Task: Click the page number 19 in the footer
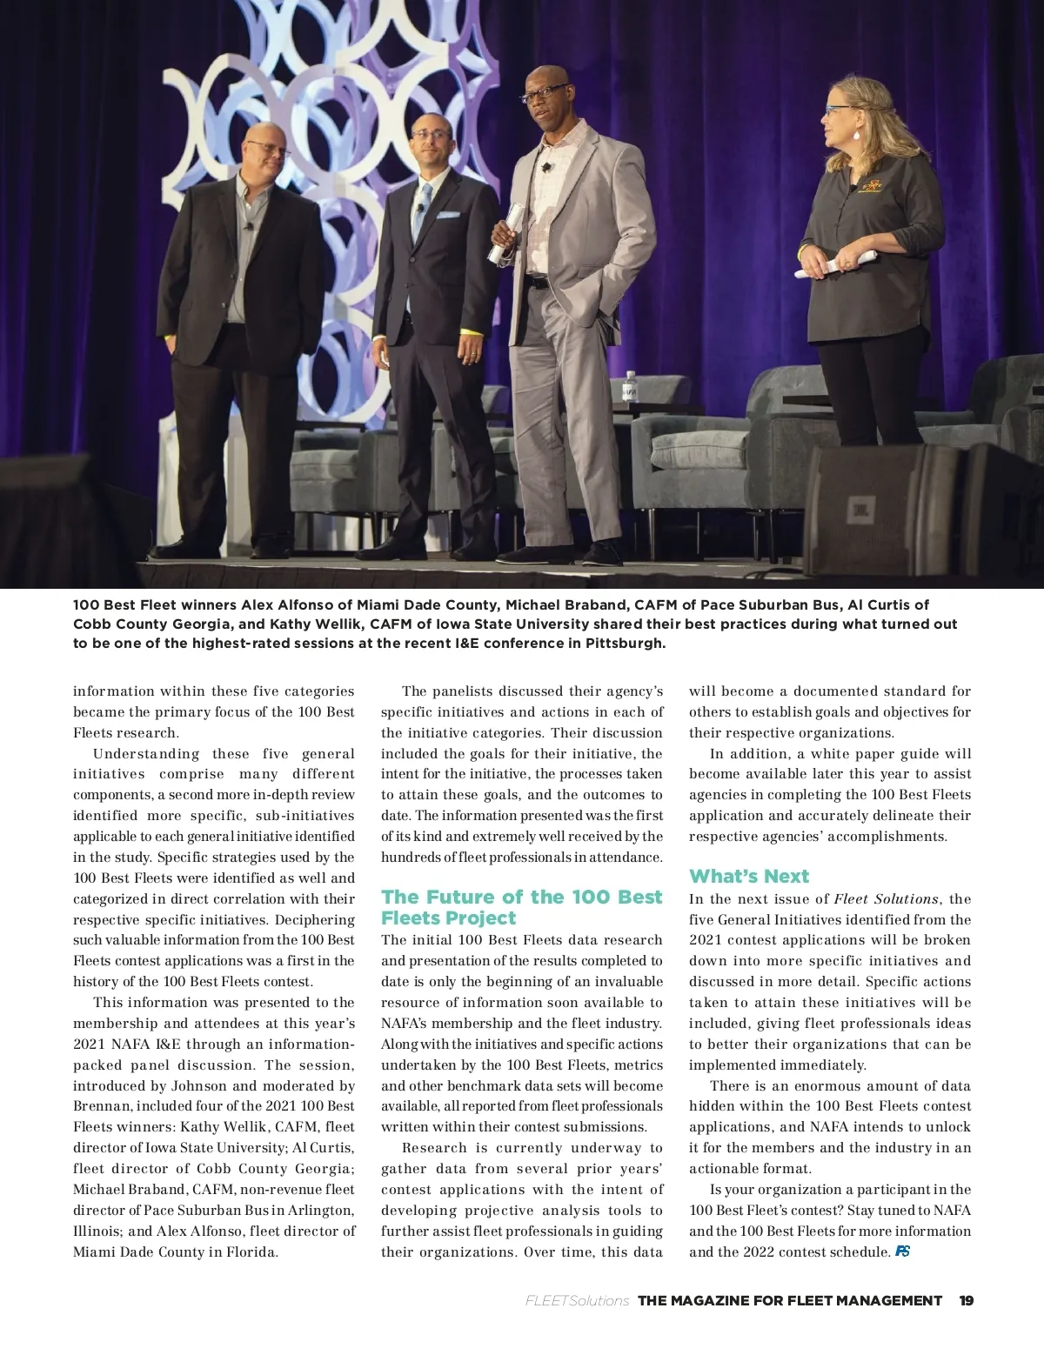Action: click(966, 1301)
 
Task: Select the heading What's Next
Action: click(748, 876)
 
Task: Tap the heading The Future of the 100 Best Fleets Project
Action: click(521, 907)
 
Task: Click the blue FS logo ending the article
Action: click(902, 1252)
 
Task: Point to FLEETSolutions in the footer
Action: click(577, 1301)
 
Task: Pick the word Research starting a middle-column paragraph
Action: click(434, 1148)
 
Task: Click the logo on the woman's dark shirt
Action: click(870, 186)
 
